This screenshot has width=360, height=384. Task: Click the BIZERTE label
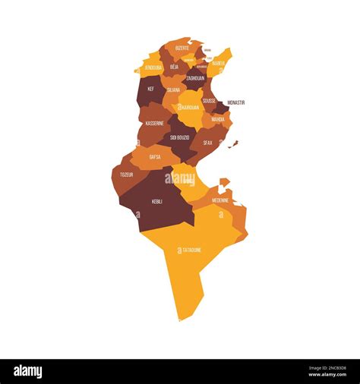[182, 48]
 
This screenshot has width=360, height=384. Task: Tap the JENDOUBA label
[153, 68]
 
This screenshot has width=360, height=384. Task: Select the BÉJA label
[175, 67]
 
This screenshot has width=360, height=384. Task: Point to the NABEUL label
[218, 64]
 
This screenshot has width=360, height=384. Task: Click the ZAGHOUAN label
[195, 78]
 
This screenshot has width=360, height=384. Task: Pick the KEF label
[150, 89]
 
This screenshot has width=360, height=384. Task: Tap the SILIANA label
[174, 90]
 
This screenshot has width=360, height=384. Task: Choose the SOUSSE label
[209, 100]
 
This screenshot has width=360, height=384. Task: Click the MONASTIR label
[235, 102]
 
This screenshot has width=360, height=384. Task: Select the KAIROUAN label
[190, 108]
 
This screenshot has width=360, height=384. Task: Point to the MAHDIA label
[218, 119]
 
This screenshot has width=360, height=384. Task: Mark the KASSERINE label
[154, 123]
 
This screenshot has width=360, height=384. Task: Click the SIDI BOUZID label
[180, 137]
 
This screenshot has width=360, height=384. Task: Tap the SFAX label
[207, 142]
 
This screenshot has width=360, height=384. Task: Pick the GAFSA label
[155, 157]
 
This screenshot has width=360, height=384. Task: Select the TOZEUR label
[126, 175]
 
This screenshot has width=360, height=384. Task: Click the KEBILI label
[157, 201]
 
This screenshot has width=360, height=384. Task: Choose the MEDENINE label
[220, 200]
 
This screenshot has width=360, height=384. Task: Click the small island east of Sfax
[234, 143]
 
